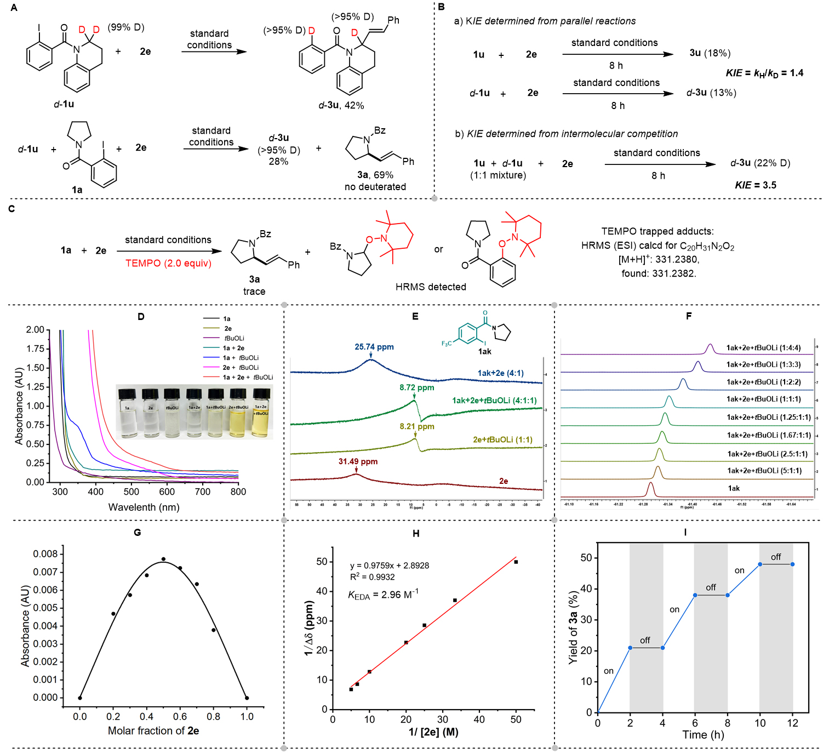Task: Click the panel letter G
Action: coord(137,532)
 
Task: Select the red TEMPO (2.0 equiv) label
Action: coord(168,263)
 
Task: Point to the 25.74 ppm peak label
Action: coord(374,347)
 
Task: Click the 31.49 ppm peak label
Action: coord(358,461)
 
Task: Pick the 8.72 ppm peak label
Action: coord(416,387)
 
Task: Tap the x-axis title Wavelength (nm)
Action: coord(144,507)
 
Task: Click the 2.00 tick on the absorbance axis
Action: coord(35,329)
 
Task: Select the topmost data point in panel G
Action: coord(163,559)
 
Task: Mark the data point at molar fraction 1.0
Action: coord(247,698)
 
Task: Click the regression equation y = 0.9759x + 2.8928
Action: coord(390,565)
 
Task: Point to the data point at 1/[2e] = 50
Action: coord(516,562)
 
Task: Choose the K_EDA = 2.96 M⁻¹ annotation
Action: coord(383,595)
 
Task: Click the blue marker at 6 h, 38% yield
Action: coord(695,595)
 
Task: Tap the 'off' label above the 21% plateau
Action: coord(645,640)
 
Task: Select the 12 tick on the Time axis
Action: coord(792,723)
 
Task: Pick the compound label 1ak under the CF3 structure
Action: coord(484,351)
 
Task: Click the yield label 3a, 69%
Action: coord(375,175)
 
